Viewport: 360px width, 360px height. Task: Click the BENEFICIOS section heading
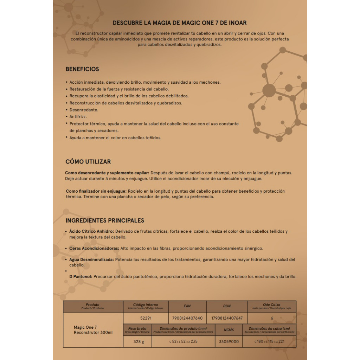coord(82,69)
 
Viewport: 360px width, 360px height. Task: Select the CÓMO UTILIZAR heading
coord(88,162)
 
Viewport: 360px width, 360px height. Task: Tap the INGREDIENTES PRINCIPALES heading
coord(105,220)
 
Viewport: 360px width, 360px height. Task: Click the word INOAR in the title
coord(238,23)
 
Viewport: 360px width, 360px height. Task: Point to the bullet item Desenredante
coord(84,110)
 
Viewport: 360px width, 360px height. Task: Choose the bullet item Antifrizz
coord(78,116)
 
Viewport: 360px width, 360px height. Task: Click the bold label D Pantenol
coord(81,277)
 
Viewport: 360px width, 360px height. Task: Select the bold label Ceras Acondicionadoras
coord(94,248)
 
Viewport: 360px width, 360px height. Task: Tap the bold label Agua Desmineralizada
coord(91,259)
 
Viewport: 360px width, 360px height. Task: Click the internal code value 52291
coord(146,318)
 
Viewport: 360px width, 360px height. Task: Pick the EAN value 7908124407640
coord(187,318)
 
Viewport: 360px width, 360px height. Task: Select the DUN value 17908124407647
coord(227,318)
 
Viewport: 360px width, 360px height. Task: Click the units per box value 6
coord(272,318)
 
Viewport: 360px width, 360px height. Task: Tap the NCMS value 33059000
coord(229,341)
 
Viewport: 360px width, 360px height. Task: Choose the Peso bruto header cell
coord(137,329)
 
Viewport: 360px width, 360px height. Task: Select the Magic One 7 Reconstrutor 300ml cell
coord(93,330)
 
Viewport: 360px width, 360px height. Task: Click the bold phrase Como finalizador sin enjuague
coord(96,191)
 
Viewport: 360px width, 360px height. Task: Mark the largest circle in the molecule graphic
coord(269,91)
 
